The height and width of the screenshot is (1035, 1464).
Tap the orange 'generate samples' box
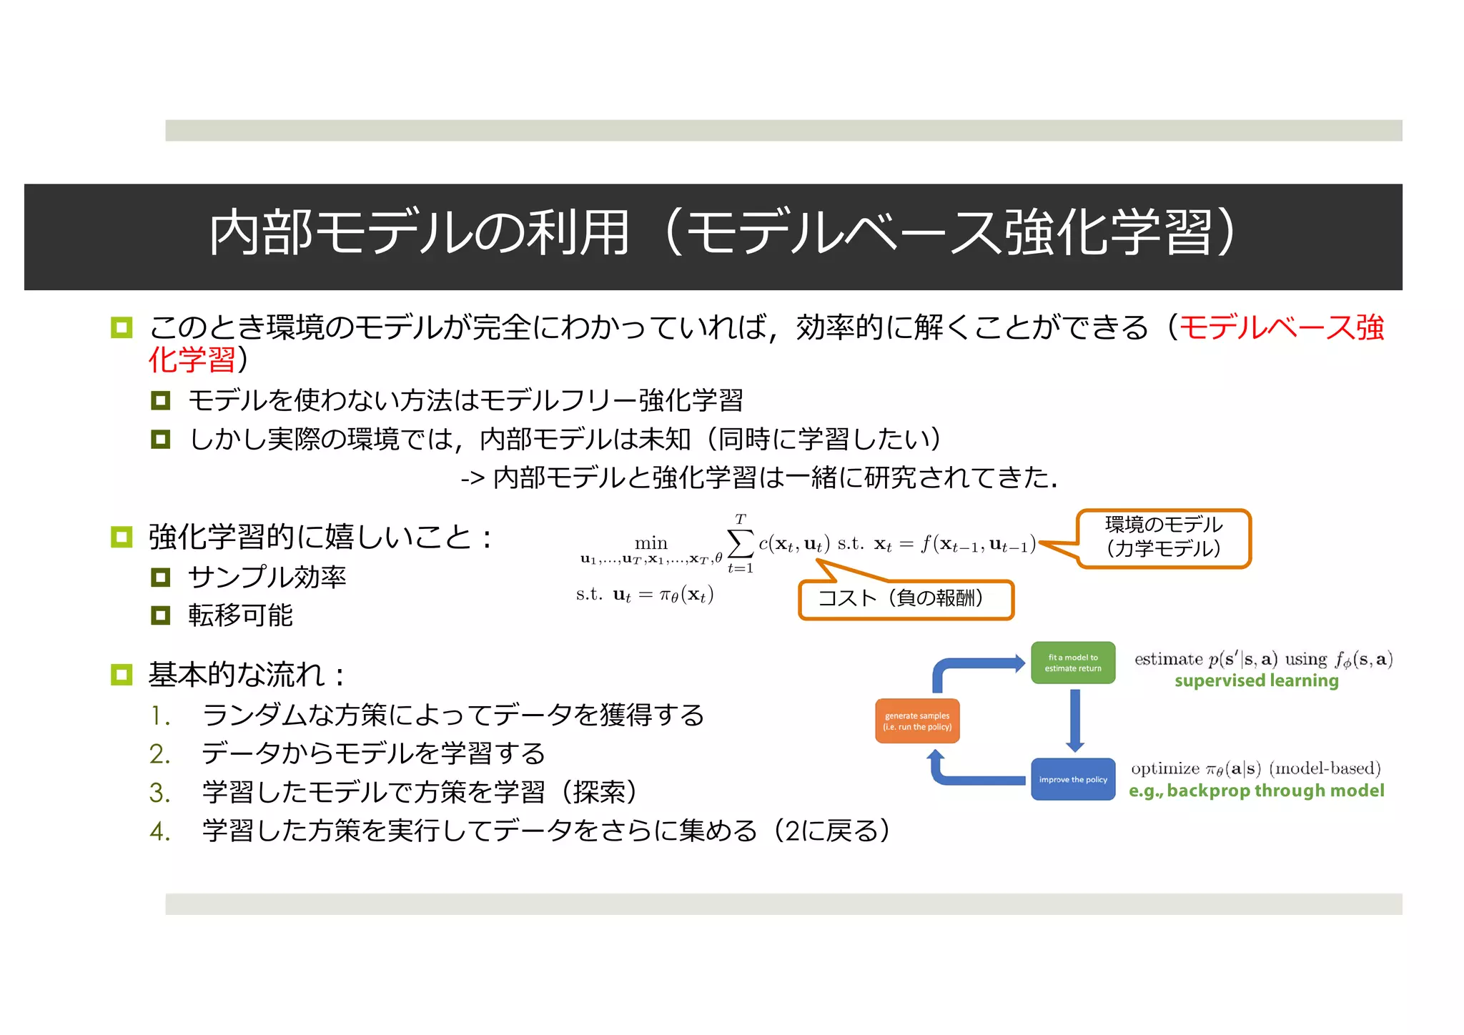(x=918, y=721)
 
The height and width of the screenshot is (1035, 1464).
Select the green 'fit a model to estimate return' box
(x=1073, y=663)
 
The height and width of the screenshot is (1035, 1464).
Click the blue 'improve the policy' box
(x=1073, y=779)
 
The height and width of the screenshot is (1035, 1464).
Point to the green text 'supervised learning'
(x=1256, y=680)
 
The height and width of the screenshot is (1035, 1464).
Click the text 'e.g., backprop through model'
(x=1256, y=791)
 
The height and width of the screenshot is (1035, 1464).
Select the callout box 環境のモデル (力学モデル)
(x=1164, y=538)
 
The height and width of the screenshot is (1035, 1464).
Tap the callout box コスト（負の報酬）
(x=906, y=598)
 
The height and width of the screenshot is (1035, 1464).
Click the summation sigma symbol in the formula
(x=740, y=543)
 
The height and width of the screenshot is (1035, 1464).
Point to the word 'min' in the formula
(x=651, y=543)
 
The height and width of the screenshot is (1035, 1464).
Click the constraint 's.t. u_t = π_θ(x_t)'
(x=645, y=595)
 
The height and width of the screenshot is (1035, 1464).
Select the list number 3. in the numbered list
(x=159, y=793)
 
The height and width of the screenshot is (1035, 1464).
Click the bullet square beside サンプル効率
(x=161, y=577)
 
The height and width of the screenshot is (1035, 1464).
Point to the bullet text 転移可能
(x=240, y=615)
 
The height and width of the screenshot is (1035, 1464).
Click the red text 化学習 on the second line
(x=192, y=360)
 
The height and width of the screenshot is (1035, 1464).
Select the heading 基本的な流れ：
(x=247, y=675)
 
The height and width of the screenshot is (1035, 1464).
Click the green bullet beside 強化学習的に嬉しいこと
(x=122, y=537)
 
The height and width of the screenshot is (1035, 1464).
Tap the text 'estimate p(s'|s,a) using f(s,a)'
(x=1263, y=659)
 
